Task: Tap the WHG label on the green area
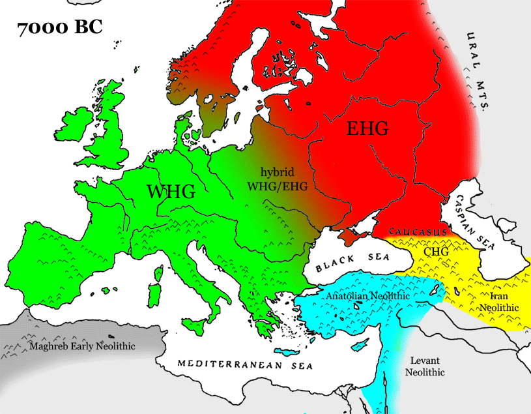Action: pyautogui.click(x=171, y=192)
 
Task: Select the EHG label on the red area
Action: pyautogui.click(x=367, y=129)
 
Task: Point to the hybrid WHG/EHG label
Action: pyautogui.click(x=277, y=179)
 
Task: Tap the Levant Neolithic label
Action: pyautogui.click(x=425, y=366)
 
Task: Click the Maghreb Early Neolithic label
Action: pyautogui.click(x=82, y=346)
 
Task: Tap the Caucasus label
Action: pyautogui.click(x=418, y=232)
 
